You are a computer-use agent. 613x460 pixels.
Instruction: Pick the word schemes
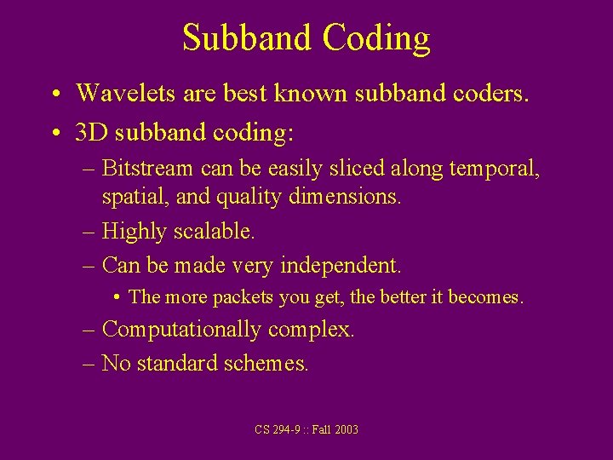coord(266,364)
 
